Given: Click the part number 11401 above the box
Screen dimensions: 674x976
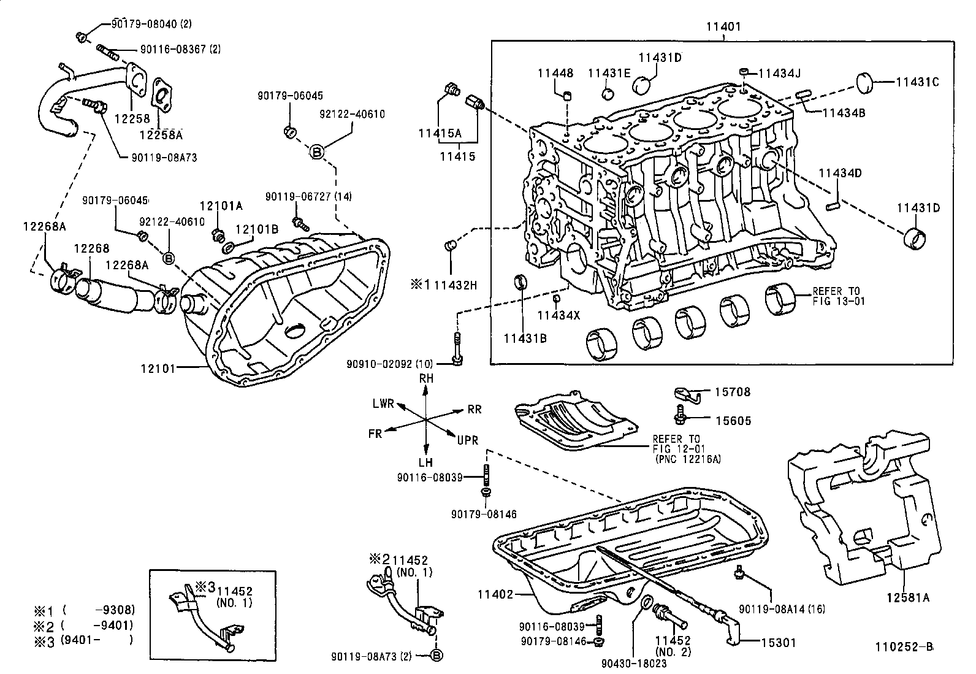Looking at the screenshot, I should [723, 26].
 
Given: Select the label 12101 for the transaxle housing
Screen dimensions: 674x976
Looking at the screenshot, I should [158, 369].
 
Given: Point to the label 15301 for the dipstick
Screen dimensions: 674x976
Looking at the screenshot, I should [778, 643].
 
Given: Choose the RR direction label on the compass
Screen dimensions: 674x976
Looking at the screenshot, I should [474, 410].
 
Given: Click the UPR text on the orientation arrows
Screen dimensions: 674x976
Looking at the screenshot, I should [467, 440].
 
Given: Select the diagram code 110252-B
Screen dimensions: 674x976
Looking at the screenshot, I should [904, 646].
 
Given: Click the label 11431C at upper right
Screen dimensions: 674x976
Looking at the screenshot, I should [917, 82].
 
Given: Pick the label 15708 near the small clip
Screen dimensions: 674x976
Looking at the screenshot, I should [732, 392].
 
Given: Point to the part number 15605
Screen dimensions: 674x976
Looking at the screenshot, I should [732, 421].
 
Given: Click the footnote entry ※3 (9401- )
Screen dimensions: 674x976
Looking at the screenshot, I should [83, 640].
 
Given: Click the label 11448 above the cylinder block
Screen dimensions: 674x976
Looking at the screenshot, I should [555, 73].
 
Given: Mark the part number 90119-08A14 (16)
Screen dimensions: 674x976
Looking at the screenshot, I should [782, 609].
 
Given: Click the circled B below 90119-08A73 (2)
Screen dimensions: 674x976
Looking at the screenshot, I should [437, 656].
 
